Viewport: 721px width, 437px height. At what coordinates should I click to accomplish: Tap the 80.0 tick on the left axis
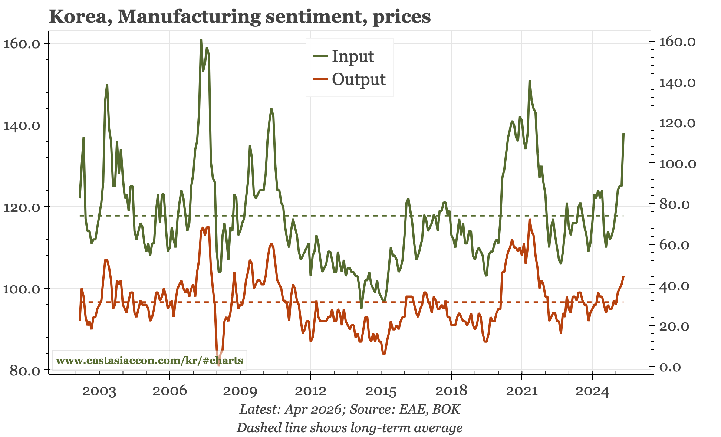pyautogui.click(x=24, y=370)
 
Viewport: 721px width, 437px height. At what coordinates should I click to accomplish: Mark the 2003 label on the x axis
pyautogui.click(x=99, y=391)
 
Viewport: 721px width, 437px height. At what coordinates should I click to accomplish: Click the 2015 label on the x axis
pyautogui.click(x=381, y=391)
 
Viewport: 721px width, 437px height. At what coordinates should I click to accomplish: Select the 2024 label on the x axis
pyautogui.click(x=592, y=391)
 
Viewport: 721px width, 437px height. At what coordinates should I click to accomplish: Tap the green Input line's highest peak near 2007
pyautogui.click(x=201, y=40)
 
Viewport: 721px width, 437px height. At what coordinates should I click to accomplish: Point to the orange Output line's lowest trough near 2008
pyautogui.click(x=219, y=365)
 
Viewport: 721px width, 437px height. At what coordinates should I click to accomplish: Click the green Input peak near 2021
pyautogui.click(x=530, y=80)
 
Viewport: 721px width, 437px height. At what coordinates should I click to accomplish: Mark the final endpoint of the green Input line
pyautogui.click(x=623, y=134)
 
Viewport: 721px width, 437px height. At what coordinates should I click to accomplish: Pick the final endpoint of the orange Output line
pyautogui.click(x=623, y=276)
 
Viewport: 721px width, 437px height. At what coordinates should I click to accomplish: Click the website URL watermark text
pyautogui.click(x=149, y=361)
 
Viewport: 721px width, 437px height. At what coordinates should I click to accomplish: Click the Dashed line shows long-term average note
pyautogui.click(x=350, y=428)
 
